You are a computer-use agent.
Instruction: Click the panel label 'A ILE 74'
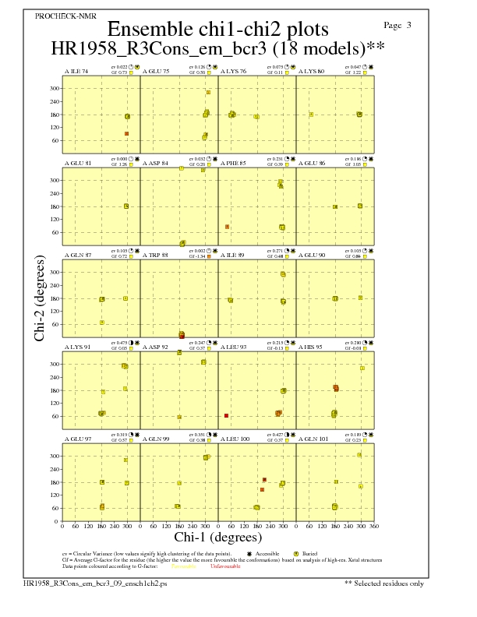coord(76,71)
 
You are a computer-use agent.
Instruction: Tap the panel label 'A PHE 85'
coord(232,163)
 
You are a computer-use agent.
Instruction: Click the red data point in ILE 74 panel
coord(126,134)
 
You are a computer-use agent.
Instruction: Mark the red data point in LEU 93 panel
coord(226,416)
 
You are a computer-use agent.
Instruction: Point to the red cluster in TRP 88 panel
coord(182,335)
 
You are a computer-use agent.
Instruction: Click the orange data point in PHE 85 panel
coord(227,227)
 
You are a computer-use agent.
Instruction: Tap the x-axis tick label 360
coord(373,526)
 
